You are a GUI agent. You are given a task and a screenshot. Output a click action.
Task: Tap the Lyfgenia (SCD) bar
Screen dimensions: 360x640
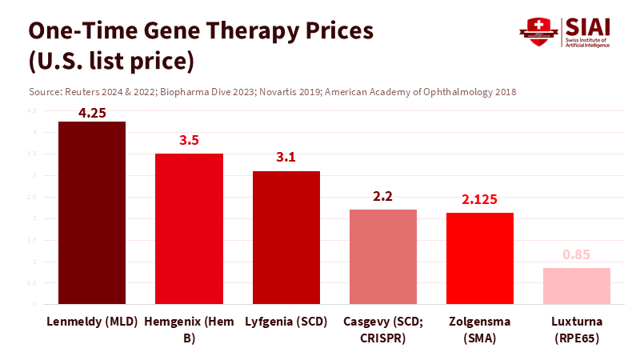(x=286, y=238)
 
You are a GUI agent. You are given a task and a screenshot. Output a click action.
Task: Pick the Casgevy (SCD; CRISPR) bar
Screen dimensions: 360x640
(x=383, y=257)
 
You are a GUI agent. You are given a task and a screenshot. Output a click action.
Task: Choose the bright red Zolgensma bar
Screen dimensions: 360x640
(x=480, y=258)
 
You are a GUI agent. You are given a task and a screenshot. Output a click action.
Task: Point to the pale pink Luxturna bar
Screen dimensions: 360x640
(x=577, y=286)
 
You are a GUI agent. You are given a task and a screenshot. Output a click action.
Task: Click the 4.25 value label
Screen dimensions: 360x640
(x=92, y=113)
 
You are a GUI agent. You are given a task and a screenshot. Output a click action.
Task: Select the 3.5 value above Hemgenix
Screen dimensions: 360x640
(x=189, y=141)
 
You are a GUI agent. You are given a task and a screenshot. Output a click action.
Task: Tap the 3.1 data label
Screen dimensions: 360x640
(x=286, y=158)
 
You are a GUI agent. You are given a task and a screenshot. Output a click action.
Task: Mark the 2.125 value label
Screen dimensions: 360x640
(x=480, y=199)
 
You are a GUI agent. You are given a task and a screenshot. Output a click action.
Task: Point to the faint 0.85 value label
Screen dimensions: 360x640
(x=577, y=254)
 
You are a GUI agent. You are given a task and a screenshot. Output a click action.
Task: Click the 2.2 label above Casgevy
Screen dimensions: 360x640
(x=383, y=196)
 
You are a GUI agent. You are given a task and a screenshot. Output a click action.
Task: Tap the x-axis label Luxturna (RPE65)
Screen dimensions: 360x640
(x=577, y=330)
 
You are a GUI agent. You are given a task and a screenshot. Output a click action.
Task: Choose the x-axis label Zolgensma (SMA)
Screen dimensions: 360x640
(x=480, y=330)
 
